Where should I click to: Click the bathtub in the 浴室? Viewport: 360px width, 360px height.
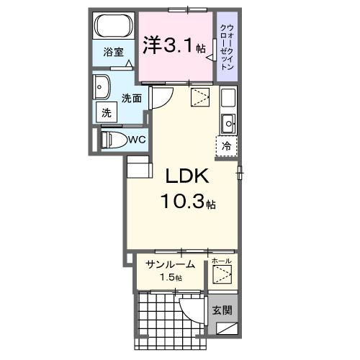click(x=114, y=26)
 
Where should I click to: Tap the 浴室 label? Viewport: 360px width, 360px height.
click(x=113, y=52)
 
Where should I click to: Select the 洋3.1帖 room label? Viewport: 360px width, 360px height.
click(x=174, y=45)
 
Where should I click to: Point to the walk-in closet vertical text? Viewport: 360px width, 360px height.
click(x=227, y=47)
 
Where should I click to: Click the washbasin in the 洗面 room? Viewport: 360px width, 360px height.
click(x=102, y=87)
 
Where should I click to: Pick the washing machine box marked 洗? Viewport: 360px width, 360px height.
click(x=107, y=112)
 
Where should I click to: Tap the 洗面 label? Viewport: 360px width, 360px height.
click(x=132, y=99)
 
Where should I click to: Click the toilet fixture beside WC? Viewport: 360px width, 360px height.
click(x=114, y=140)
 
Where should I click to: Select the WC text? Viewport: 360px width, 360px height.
click(x=137, y=139)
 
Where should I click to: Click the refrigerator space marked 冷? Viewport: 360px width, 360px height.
click(x=227, y=146)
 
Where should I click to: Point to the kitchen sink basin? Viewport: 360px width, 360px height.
click(x=229, y=123)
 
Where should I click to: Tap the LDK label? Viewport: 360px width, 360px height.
click(x=187, y=176)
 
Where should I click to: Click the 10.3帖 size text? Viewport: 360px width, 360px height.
click(x=188, y=201)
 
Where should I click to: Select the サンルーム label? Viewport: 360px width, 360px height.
click(x=170, y=264)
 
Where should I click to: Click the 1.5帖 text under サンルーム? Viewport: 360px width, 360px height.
click(x=171, y=278)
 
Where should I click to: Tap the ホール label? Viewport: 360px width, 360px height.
click(x=222, y=261)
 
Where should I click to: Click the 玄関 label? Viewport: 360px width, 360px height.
click(x=222, y=310)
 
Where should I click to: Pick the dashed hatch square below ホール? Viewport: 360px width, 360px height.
click(x=222, y=274)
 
